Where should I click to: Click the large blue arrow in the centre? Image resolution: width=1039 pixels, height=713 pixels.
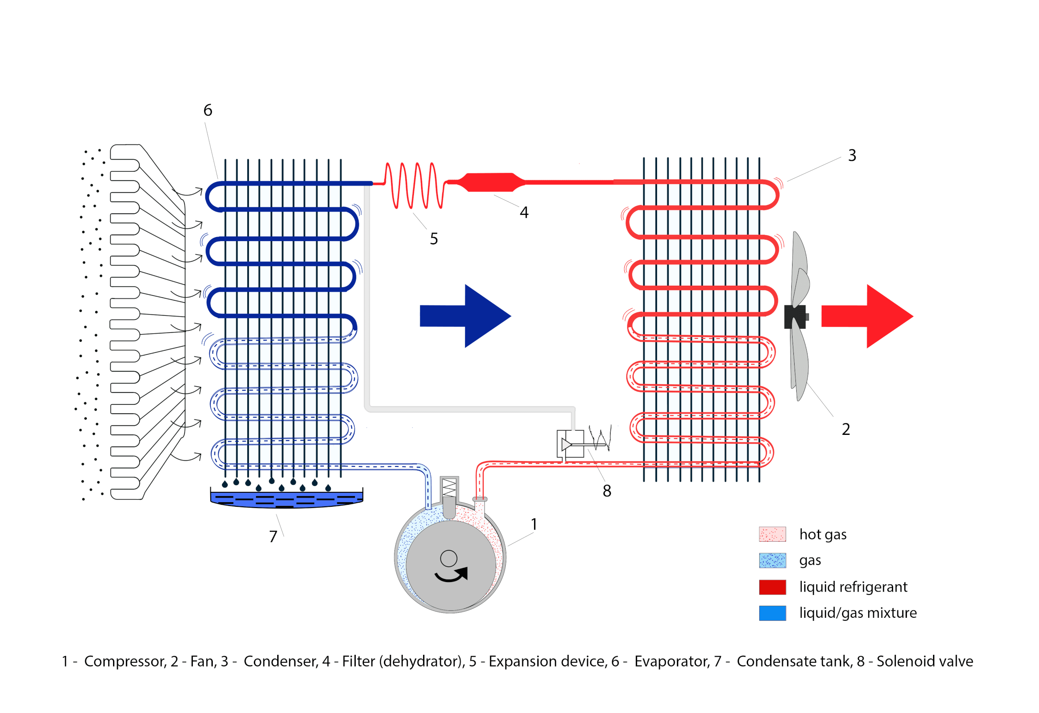465,316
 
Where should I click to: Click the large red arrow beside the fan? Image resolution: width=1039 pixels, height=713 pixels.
867,316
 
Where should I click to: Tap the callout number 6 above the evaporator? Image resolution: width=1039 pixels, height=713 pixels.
208,110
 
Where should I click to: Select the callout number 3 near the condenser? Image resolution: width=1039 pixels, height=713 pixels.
852,155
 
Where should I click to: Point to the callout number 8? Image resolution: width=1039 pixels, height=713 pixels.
607,491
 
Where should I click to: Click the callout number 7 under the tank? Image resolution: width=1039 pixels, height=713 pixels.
273,536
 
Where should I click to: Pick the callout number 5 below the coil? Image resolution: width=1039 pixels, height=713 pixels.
433,239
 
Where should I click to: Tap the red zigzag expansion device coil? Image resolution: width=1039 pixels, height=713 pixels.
414,185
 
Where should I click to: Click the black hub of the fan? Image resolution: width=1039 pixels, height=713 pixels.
795,317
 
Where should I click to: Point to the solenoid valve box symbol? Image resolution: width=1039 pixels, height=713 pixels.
570,444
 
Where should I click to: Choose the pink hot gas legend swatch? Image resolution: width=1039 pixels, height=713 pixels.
772,534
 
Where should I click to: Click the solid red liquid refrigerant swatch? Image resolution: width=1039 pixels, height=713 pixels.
772,587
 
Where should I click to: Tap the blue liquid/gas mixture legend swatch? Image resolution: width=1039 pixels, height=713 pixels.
772,613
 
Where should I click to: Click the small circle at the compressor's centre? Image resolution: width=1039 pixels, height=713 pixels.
448,559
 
